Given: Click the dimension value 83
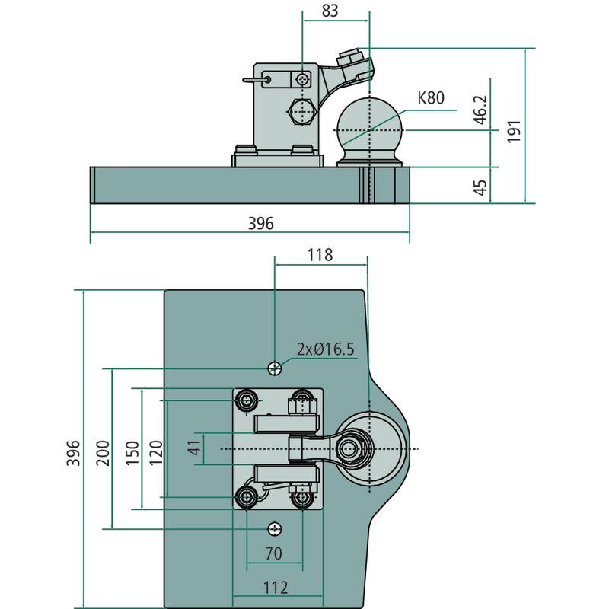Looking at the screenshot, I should [330, 11].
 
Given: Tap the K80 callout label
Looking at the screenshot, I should [430, 97].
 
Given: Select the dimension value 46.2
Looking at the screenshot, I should [479, 110].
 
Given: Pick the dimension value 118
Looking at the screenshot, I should [320, 255].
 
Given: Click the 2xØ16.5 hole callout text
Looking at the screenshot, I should [326, 349].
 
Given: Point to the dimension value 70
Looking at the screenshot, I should [275, 553].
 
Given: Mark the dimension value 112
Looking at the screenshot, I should [275, 587].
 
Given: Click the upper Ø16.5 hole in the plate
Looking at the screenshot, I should [275, 368].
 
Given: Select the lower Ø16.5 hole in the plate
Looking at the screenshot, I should [275, 528].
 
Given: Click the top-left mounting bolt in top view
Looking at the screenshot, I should [247, 400].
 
